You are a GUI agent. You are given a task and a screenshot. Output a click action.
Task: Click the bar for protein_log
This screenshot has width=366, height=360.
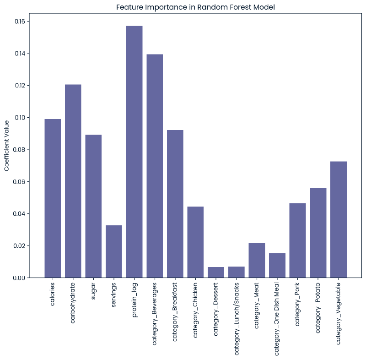click(134, 152)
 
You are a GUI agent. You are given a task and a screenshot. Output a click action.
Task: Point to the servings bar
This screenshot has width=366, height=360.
click(114, 251)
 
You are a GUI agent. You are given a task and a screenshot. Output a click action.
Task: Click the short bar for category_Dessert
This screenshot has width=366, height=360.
click(216, 273)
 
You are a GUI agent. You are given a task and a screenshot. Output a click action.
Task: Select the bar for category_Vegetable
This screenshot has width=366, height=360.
click(339, 219)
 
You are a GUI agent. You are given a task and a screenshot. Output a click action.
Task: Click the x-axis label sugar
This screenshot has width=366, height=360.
click(94, 291)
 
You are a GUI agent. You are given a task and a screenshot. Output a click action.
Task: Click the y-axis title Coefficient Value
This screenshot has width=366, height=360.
click(7, 146)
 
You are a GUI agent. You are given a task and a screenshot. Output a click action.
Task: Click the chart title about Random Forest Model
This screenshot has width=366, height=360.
click(195, 7)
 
